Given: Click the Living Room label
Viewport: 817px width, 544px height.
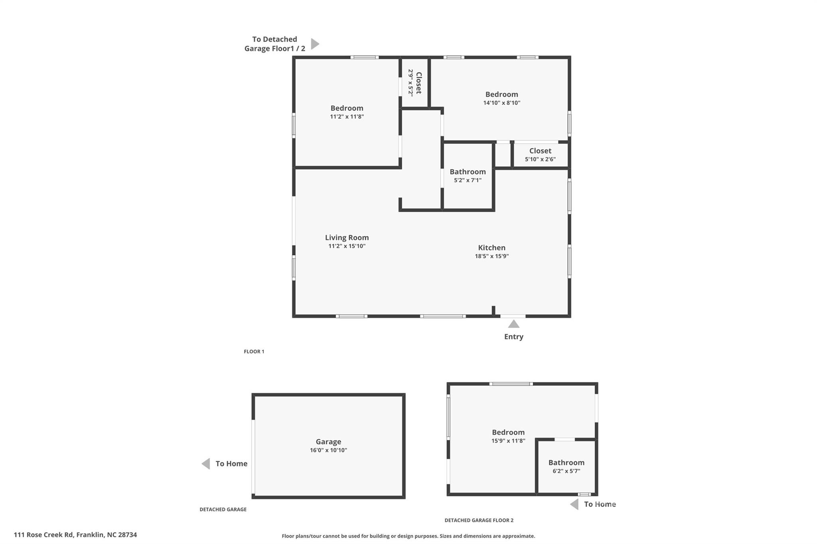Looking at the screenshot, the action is (x=347, y=238).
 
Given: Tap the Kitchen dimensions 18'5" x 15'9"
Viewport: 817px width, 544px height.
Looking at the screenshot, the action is (x=491, y=256).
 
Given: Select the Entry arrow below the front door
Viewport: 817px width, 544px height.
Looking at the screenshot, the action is (x=513, y=324).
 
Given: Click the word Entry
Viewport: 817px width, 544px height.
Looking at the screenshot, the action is (x=513, y=337).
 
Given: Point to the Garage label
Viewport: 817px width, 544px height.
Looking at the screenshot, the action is (x=328, y=442).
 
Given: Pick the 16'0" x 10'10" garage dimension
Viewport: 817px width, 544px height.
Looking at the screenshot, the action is (x=328, y=450).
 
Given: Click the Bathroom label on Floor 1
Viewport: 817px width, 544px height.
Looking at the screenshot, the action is (x=468, y=172).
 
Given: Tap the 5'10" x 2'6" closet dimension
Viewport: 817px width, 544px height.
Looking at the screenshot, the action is (x=540, y=159).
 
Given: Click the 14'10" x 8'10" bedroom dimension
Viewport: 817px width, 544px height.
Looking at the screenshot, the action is (x=501, y=103).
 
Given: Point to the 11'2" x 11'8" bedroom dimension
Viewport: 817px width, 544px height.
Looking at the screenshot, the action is (x=347, y=117).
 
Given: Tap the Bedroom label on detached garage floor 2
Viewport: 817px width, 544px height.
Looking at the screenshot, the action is (x=508, y=432).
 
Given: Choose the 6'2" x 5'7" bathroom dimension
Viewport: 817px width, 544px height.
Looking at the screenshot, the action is (x=566, y=471).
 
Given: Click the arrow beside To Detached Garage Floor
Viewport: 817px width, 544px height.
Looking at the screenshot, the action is (x=315, y=44).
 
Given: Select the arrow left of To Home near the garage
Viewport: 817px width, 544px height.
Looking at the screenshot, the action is (x=206, y=463).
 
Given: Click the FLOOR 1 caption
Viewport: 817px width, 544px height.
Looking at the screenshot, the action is (x=254, y=352).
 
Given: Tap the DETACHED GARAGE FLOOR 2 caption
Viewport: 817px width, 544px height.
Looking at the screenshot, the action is (x=479, y=520).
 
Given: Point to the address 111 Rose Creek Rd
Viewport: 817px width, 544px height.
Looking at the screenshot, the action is (x=44, y=535).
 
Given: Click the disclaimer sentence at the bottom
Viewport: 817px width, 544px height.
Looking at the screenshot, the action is (x=408, y=536).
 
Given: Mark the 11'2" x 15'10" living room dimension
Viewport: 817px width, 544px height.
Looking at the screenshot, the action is (x=347, y=246).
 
